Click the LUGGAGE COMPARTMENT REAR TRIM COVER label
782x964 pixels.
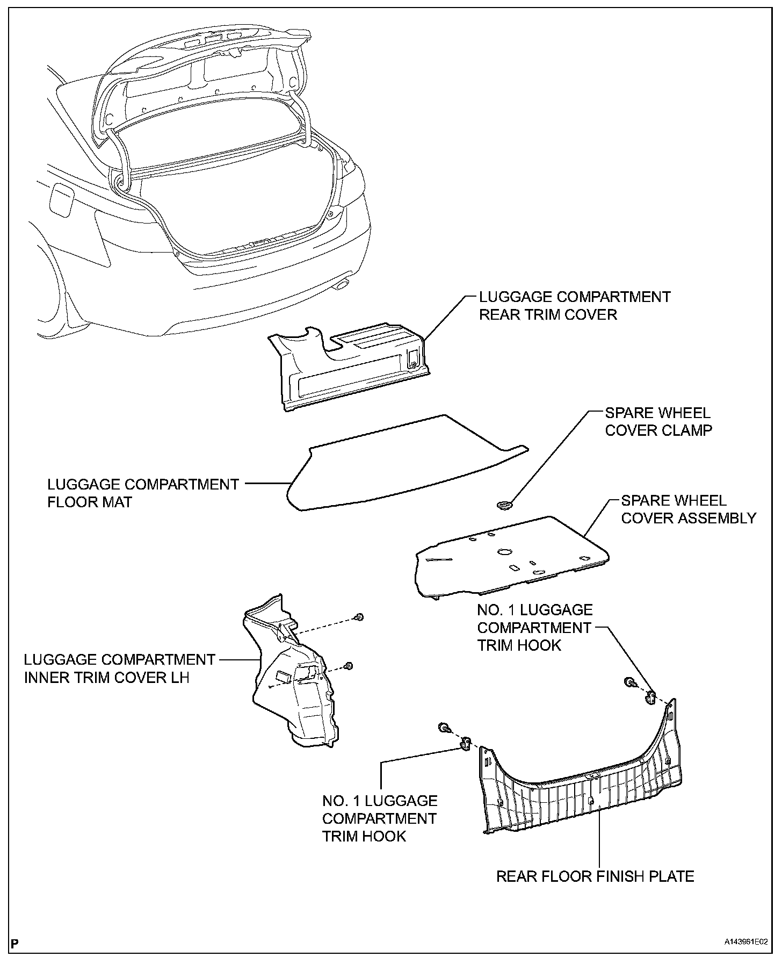(574, 305)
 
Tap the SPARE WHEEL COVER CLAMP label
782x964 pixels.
(658, 421)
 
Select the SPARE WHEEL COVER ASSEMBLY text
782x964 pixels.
(688, 509)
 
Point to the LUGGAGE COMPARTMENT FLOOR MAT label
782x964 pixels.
(143, 493)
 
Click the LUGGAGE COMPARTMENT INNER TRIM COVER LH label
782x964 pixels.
(119, 668)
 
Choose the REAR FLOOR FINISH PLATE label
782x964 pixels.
(595, 876)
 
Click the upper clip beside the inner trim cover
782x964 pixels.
(360, 616)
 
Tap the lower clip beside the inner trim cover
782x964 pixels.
(349, 666)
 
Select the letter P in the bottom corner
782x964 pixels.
(15, 943)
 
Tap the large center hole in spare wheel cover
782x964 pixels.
(505, 551)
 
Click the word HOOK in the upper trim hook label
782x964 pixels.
(540, 645)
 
